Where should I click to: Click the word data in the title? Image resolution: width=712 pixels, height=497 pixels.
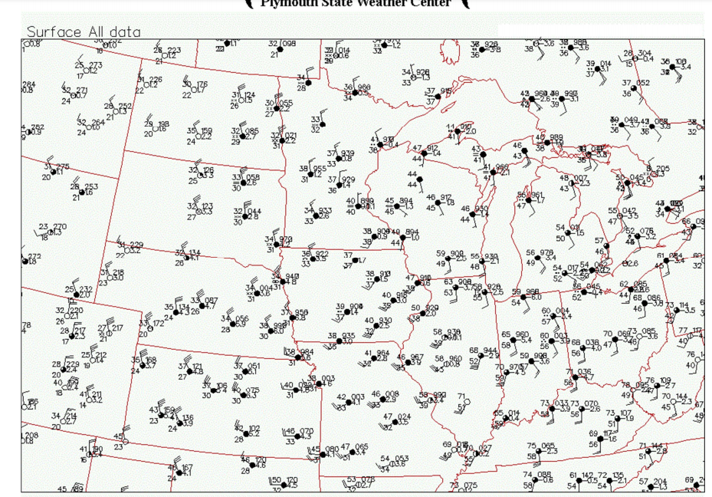point(124,32)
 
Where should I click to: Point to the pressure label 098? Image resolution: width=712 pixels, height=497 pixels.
point(288,44)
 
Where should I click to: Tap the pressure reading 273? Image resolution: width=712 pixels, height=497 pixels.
point(94,65)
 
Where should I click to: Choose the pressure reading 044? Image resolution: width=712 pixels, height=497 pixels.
point(253,211)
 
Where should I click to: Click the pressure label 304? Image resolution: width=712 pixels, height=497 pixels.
point(645,54)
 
